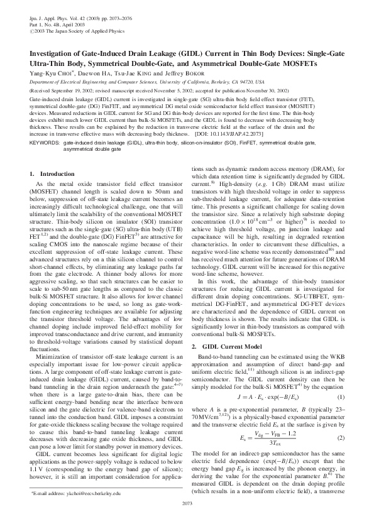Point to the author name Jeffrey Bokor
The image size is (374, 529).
[x=167, y=73]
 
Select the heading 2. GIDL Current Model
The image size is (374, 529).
[x=225, y=346]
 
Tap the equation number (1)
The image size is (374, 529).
[x=341, y=398]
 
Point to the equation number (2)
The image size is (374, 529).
[x=341, y=437]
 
